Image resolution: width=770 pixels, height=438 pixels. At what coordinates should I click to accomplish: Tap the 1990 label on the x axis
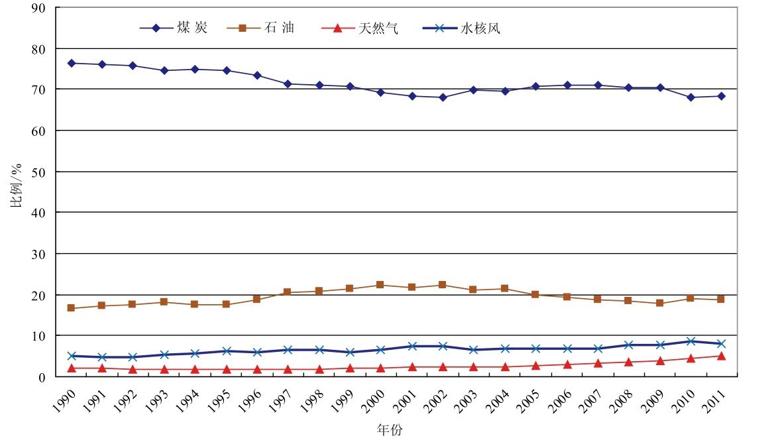coord(67,400)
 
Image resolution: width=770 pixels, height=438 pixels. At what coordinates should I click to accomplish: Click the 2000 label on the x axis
coord(376,400)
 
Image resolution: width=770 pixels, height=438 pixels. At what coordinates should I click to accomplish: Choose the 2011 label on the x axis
coord(716,400)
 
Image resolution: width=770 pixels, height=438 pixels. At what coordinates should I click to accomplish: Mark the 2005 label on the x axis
coord(531,400)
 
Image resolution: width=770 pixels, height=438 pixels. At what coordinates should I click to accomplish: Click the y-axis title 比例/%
coord(15,192)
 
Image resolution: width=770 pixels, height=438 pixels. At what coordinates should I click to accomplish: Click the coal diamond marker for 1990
coord(71,64)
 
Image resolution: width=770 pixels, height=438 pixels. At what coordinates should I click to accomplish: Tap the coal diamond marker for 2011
coord(721,96)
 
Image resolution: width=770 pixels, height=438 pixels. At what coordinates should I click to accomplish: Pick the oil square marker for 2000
coord(380,285)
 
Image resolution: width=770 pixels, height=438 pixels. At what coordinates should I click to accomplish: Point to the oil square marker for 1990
coord(71,308)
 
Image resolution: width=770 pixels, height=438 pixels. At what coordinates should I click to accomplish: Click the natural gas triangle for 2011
coord(721,356)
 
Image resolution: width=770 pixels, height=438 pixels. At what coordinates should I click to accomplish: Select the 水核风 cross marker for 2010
coord(690,341)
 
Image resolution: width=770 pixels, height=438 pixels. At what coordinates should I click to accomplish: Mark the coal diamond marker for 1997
coord(288,84)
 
